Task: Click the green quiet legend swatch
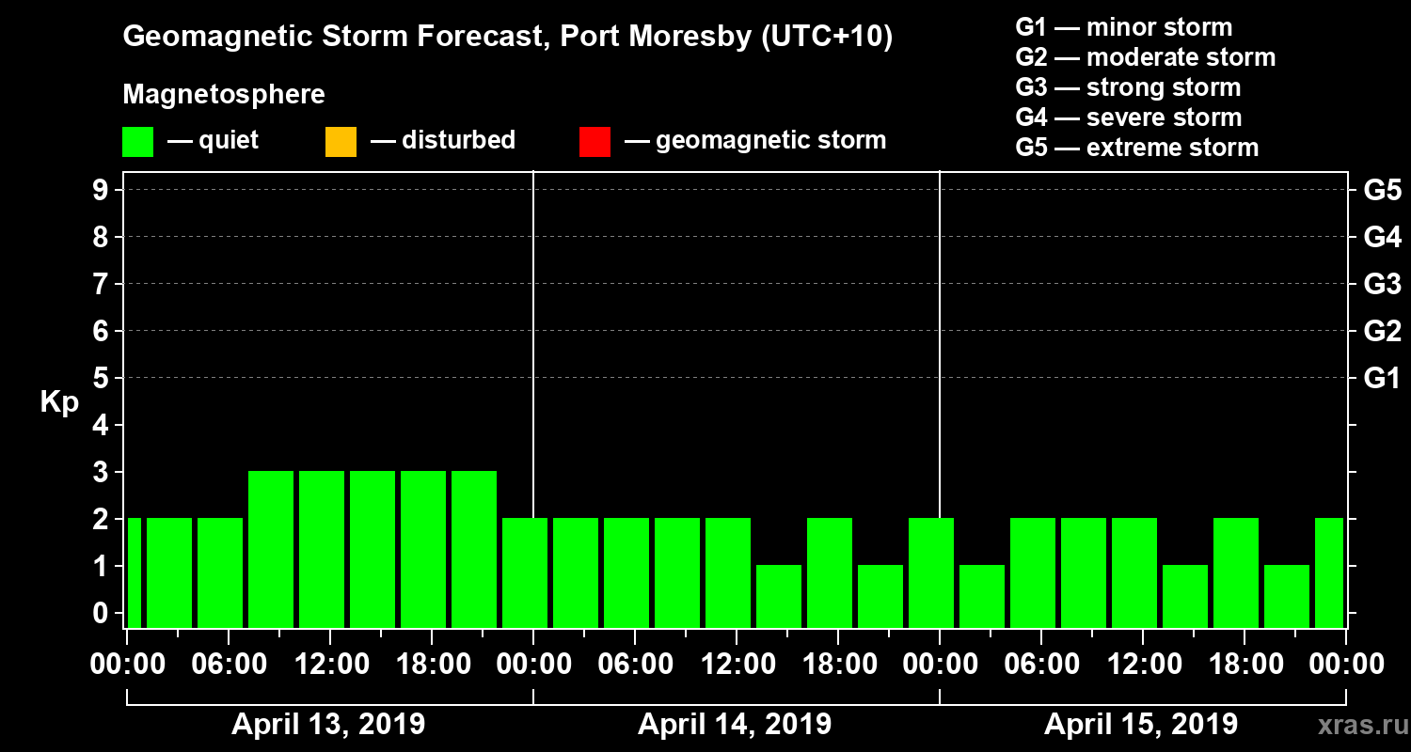tap(137, 141)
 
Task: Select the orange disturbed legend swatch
tap(341, 141)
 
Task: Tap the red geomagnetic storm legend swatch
tap(595, 141)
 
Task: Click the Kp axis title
tap(59, 402)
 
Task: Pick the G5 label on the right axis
tap(1382, 190)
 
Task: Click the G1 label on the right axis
tap(1382, 378)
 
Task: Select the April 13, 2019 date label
tap(328, 725)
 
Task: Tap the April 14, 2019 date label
tap(735, 725)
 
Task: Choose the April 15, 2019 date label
tap(1141, 725)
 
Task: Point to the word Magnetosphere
tap(224, 95)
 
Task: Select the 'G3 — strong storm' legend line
tap(1128, 87)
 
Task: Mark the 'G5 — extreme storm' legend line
tap(1136, 148)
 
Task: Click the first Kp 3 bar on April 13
tap(271, 549)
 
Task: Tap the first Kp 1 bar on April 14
tap(779, 596)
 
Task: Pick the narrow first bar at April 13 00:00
tap(134, 572)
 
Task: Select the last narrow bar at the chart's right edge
tap(1329, 572)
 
